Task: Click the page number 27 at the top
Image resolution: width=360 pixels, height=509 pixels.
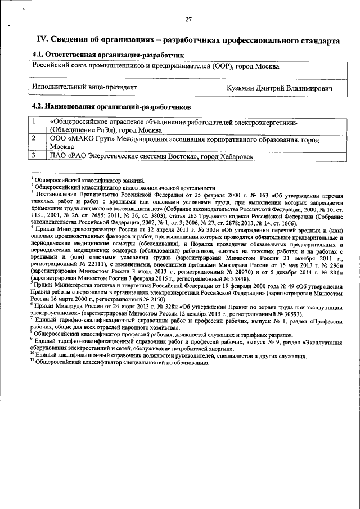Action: point(189,20)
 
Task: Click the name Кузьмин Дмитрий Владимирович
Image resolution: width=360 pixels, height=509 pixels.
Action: point(280,88)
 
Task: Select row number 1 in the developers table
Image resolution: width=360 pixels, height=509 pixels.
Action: point(34,121)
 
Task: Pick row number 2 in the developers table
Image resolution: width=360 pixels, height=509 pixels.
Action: point(34,137)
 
